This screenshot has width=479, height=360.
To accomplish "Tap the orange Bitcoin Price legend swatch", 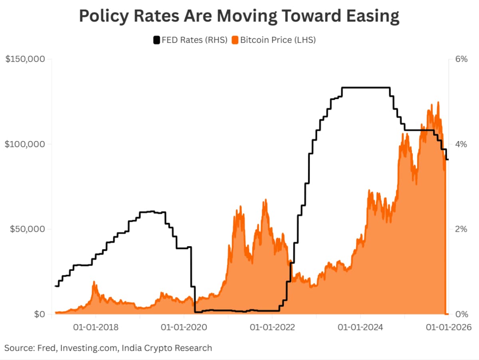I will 235,40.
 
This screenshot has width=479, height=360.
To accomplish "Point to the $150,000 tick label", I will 24,59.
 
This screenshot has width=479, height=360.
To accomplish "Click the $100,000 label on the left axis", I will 24,144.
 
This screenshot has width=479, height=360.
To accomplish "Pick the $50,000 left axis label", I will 26,229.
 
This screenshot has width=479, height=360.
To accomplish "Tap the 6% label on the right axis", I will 461,59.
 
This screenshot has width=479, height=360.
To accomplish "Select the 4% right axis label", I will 461,144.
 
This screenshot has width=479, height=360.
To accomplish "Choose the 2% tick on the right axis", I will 461,229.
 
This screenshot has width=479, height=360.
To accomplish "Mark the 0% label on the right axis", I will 461,314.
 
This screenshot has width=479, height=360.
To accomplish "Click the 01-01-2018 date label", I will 96,327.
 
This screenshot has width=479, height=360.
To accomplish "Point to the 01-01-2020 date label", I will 184,327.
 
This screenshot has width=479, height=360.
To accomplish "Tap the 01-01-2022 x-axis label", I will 272,327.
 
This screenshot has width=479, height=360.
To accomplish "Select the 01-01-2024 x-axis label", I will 360,327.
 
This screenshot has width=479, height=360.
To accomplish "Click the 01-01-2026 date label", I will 449,327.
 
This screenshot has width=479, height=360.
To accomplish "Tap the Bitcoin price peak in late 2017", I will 94,282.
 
